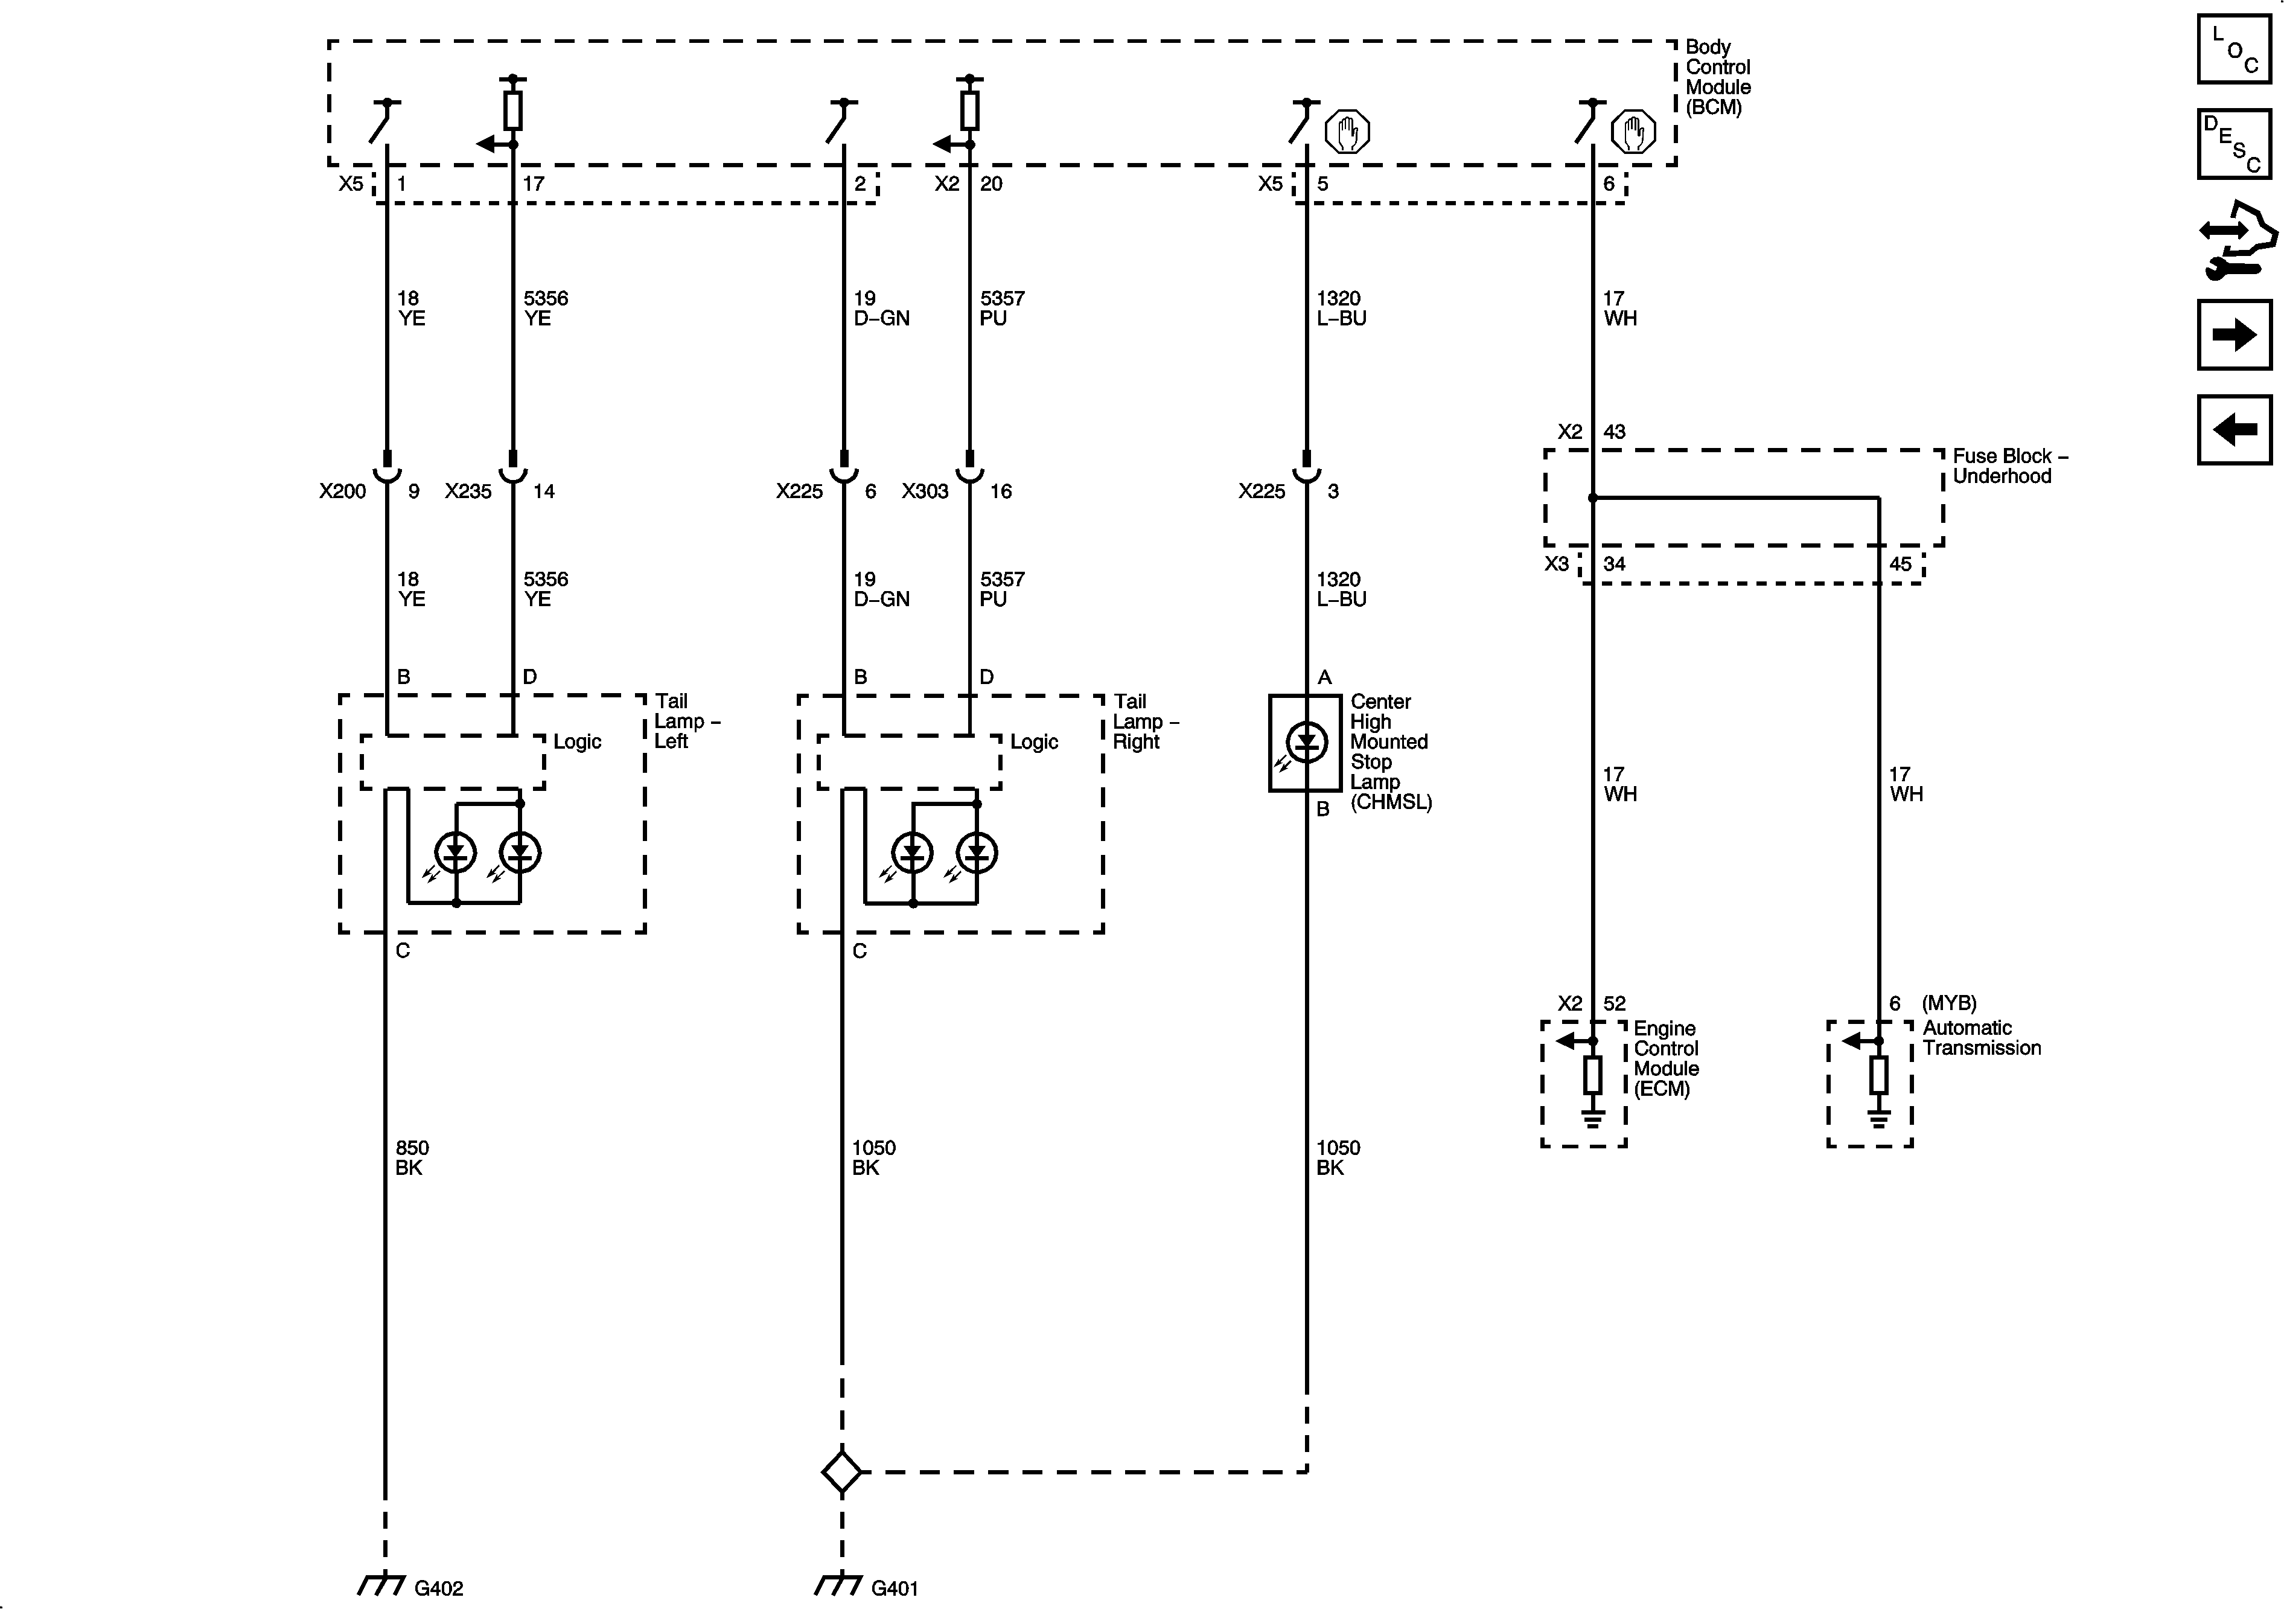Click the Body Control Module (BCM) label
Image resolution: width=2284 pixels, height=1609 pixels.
pyautogui.click(x=1717, y=77)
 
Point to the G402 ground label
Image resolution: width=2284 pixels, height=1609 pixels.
pyautogui.click(x=439, y=1588)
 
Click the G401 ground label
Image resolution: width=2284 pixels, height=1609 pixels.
pyautogui.click(x=895, y=1588)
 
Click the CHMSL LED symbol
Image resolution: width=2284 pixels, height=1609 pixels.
pyautogui.click(x=1306, y=742)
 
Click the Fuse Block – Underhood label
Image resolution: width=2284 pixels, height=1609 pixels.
pyautogui.click(x=2009, y=465)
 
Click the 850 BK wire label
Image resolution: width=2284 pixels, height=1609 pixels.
pyautogui.click(x=411, y=1157)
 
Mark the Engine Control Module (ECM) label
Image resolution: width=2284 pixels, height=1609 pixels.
pyautogui.click(x=1667, y=1058)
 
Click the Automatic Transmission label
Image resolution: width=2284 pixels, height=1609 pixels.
pyautogui.click(x=1980, y=1038)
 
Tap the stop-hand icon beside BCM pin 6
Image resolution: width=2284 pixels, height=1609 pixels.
pyautogui.click(x=1633, y=132)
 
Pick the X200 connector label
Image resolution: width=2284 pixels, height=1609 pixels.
pyautogui.click(x=342, y=491)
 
